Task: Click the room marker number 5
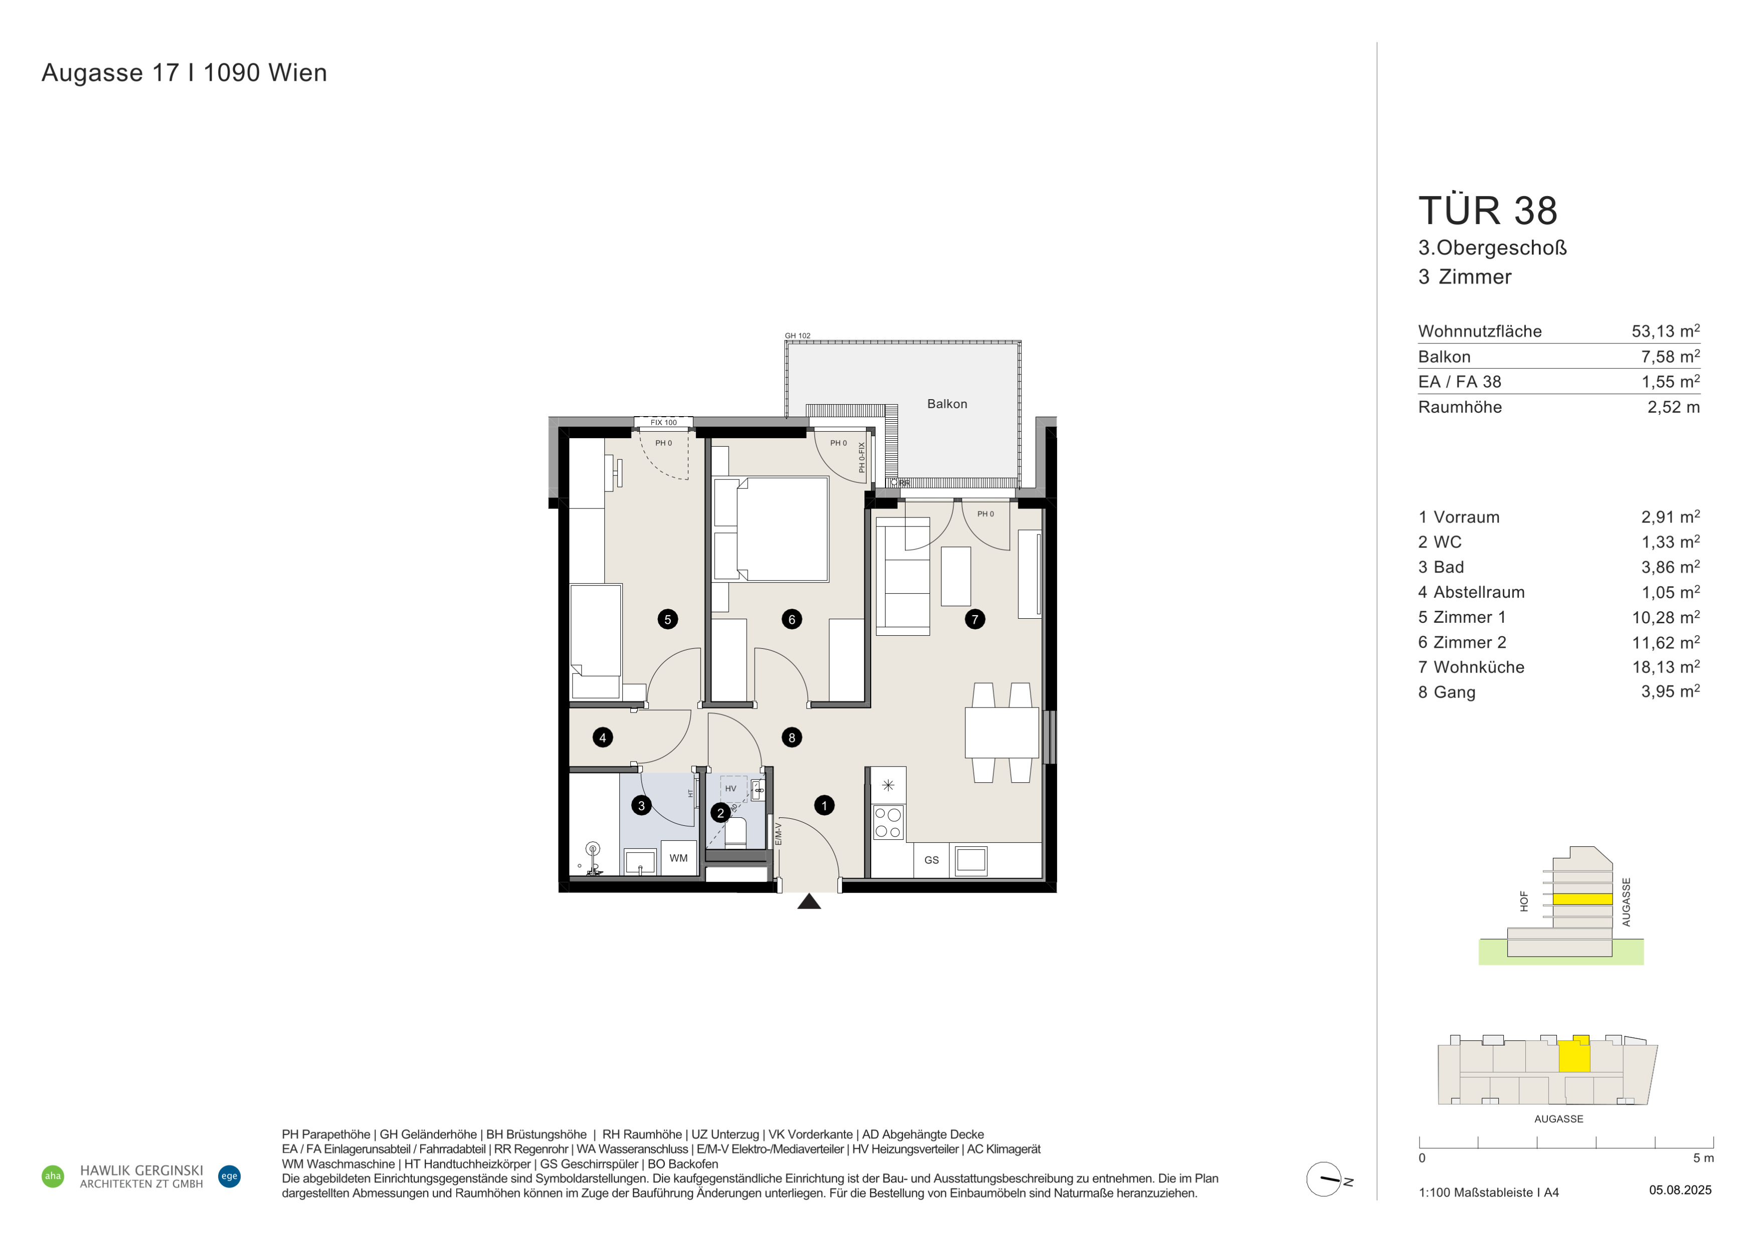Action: [667, 619]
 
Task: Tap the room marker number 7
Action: [975, 619]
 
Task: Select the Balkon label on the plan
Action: [947, 404]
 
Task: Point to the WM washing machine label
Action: [678, 858]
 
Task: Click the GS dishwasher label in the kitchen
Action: [931, 860]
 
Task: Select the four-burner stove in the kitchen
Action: [888, 822]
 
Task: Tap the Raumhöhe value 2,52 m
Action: [1673, 407]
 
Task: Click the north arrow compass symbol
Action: [1324, 1179]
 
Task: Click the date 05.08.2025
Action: [1680, 1190]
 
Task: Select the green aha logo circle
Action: [53, 1176]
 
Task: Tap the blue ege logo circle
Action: [229, 1176]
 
